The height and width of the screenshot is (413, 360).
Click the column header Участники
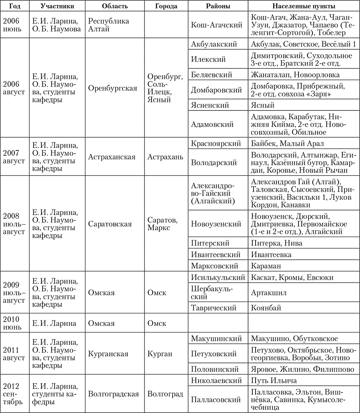click(x=58, y=6)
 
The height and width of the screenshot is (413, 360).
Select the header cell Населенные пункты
click(x=303, y=6)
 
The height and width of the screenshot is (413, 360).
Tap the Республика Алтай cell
click(x=108, y=25)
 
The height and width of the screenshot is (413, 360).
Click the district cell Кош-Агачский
click(x=216, y=25)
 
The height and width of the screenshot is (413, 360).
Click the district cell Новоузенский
click(x=216, y=224)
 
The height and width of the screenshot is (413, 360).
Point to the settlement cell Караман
click(x=265, y=266)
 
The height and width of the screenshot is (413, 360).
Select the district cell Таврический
click(x=214, y=308)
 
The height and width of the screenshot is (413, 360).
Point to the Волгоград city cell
click(x=165, y=394)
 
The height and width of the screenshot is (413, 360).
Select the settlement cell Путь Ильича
click(x=274, y=381)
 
